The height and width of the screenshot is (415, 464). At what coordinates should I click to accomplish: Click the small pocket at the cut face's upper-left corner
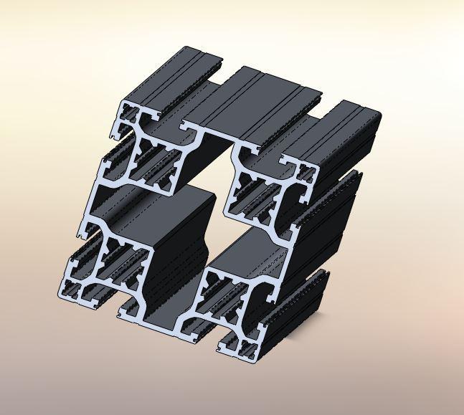click(130, 113)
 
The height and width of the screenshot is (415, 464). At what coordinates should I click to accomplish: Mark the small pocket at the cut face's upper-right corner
click(306, 172)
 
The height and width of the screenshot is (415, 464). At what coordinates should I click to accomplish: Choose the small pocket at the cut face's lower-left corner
click(72, 290)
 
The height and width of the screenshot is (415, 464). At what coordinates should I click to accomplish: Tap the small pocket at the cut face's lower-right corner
click(247, 350)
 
